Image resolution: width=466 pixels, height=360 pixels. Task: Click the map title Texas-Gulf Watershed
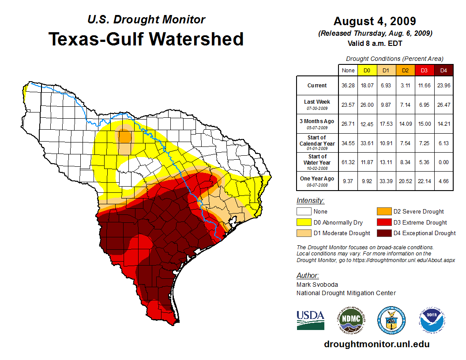tap(146, 39)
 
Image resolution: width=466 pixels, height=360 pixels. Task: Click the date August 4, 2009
tap(375, 21)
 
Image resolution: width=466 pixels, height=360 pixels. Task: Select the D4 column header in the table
tap(443, 70)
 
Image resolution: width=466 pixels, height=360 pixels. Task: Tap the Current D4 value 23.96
tap(443, 86)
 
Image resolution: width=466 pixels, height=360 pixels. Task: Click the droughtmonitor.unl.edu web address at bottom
tap(376, 344)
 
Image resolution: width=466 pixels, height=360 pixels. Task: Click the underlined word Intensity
tap(310, 201)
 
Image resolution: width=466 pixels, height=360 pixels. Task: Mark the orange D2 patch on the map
tap(125, 135)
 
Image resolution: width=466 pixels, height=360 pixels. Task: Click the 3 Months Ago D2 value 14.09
tap(405, 124)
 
